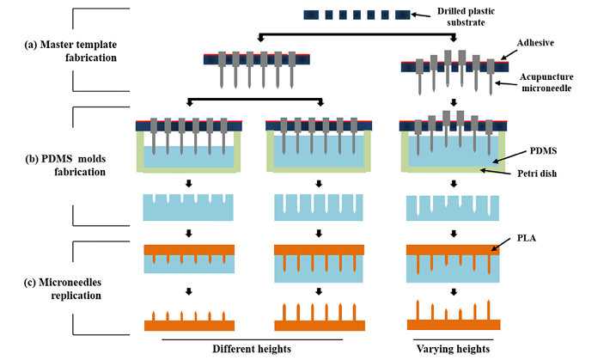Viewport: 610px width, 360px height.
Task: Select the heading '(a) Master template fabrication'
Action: click(70, 51)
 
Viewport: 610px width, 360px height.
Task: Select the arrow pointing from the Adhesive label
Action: click(508, 53)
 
